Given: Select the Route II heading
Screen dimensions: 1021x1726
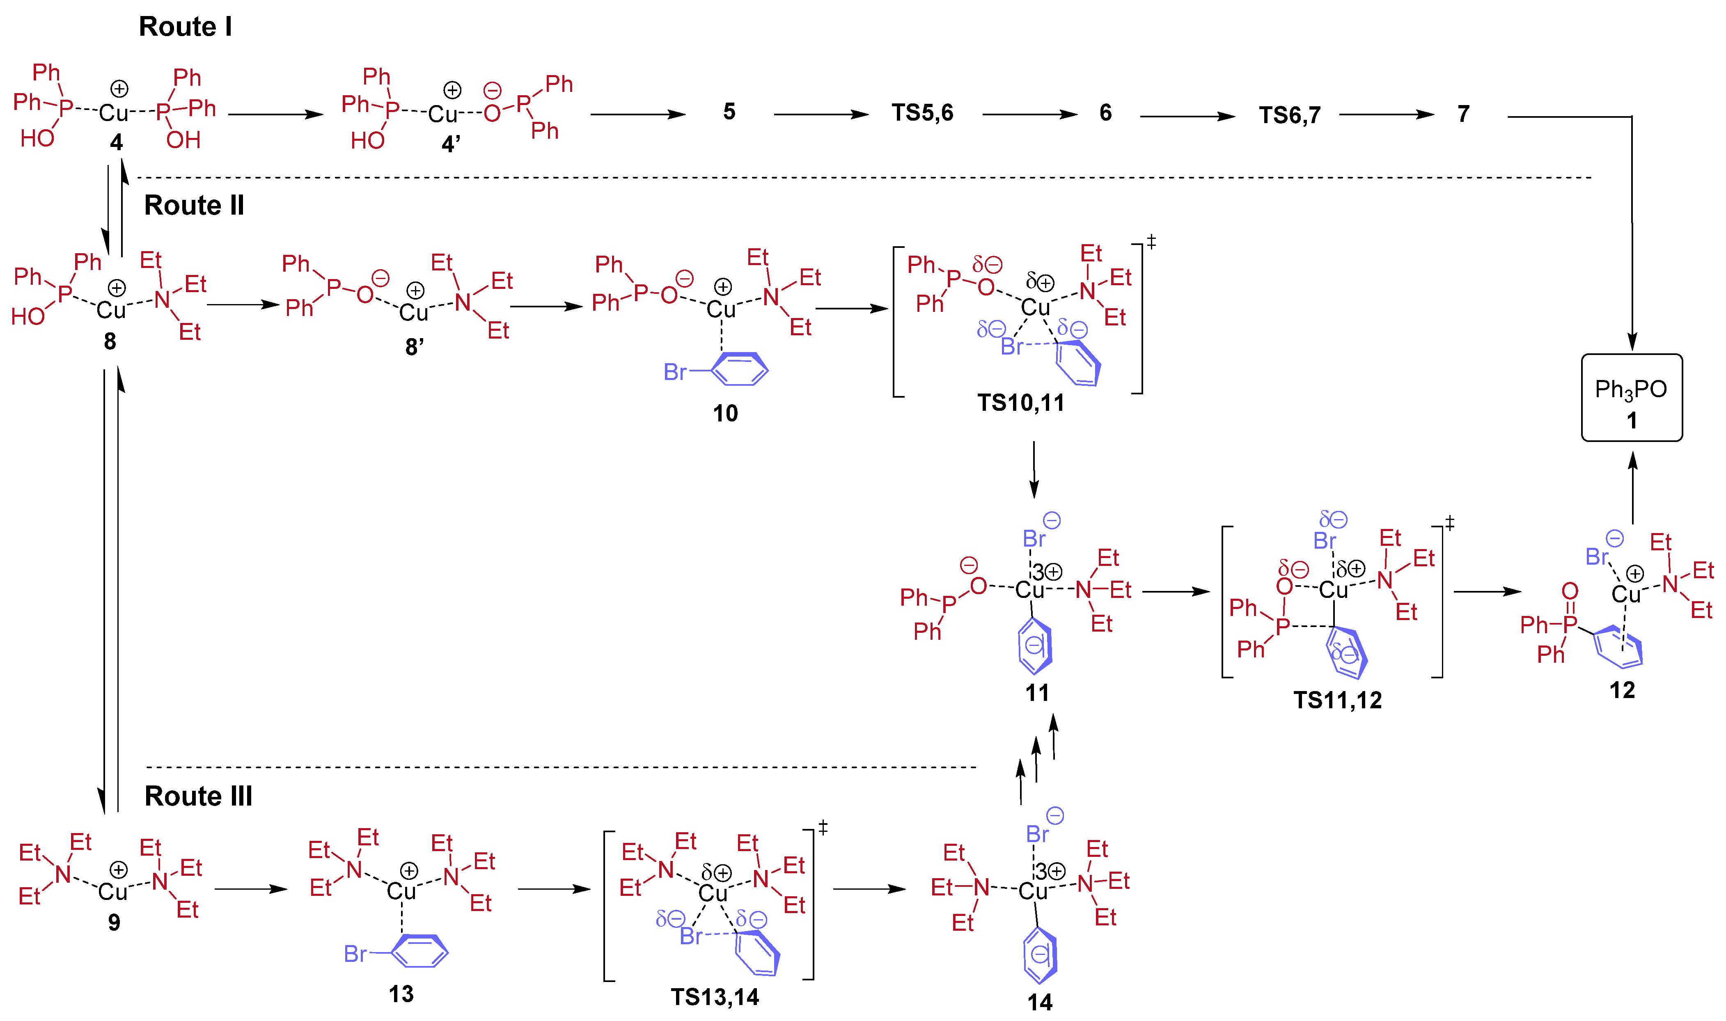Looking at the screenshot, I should point(194,205).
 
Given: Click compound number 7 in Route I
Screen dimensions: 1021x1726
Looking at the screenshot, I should point(1463,114).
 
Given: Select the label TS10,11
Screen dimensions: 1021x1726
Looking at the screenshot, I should point(1020,403).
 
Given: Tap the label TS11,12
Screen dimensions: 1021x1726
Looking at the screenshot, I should point(1337,700).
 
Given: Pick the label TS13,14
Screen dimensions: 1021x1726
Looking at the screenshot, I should point(715,997).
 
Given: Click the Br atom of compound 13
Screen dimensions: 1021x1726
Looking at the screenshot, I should point(355,954).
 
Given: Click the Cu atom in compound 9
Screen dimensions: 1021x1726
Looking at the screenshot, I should point(113,892).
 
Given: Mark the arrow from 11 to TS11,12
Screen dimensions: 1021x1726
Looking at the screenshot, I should point(1176,591).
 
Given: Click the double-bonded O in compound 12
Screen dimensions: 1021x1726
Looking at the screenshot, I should point(1570,591).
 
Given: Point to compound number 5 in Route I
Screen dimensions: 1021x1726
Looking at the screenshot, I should point(729,112).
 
